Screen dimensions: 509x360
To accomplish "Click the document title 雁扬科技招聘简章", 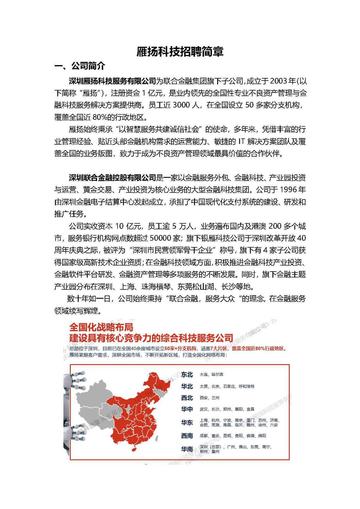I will (180, 51).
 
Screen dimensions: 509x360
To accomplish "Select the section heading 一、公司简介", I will (80, 66).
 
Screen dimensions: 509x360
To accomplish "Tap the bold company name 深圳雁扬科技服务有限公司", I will (113, 81).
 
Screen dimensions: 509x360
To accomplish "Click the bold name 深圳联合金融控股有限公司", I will (113, 178).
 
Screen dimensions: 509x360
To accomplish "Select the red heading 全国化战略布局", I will (101, 327).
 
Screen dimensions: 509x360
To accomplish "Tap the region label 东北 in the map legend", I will (187, 375).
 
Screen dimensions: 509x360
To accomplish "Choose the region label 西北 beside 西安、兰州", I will (187, 398).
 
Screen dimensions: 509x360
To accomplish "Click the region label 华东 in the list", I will (187, 423).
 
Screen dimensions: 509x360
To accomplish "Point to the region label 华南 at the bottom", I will (187, 449).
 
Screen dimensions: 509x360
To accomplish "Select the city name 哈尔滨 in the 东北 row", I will (217, 375).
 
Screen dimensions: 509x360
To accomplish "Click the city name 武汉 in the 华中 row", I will (204, 409).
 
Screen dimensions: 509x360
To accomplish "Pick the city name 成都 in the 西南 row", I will (204, 436).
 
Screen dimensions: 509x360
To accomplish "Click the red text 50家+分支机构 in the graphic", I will (180, 349).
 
